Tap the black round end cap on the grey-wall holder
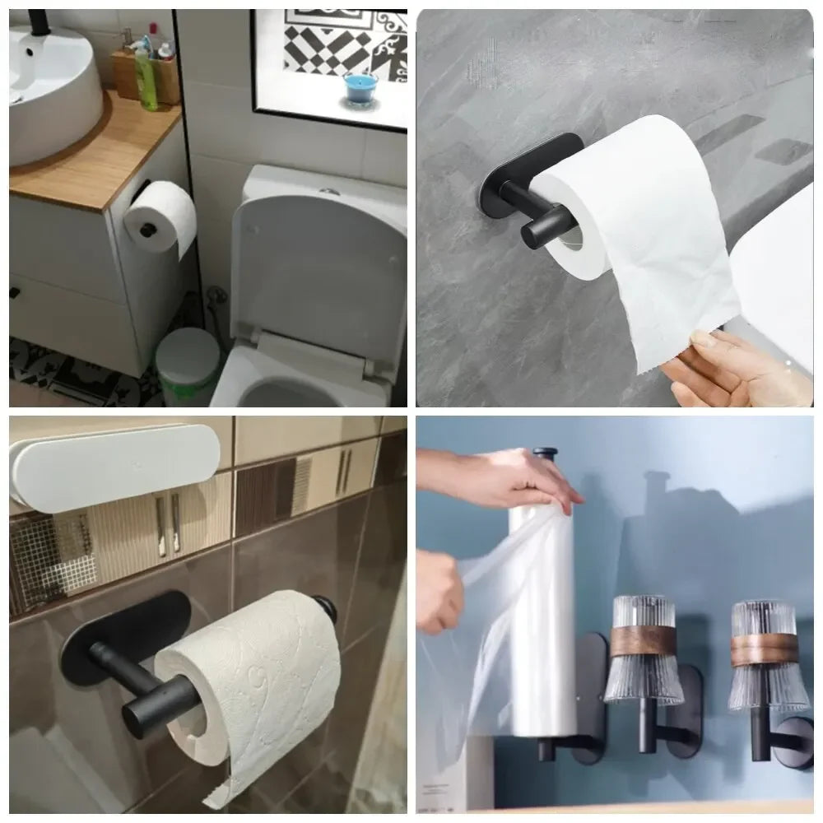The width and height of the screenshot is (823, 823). (537, 228)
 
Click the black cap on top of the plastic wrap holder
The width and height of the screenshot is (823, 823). (545, 455)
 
